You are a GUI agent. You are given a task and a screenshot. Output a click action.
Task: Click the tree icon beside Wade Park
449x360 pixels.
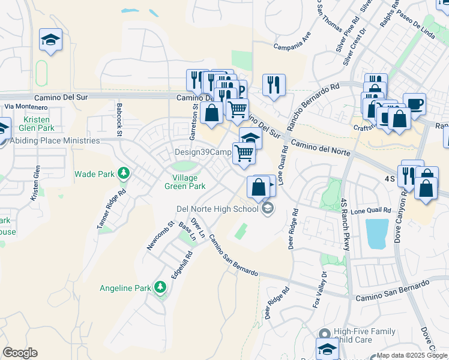coord(124,174)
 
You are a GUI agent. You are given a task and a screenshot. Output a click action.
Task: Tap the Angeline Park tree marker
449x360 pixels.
coord(160,287)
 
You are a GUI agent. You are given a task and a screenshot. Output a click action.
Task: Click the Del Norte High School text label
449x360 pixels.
coord(217,209)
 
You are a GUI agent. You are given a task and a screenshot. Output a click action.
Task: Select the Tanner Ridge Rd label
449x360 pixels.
coord(112,209)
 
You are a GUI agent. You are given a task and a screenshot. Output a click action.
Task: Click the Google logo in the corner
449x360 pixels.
coord(20,353)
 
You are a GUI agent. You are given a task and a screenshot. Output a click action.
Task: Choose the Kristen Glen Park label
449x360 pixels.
coord(37,123)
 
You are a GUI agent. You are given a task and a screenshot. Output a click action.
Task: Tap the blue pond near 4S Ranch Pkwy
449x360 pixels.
coord(376,233)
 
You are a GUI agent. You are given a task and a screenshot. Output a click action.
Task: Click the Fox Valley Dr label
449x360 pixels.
coord(319,290)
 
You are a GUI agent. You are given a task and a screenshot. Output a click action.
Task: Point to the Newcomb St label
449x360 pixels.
coord(160,236)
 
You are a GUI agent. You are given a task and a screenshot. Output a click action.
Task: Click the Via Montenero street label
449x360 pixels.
coord(25,106)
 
